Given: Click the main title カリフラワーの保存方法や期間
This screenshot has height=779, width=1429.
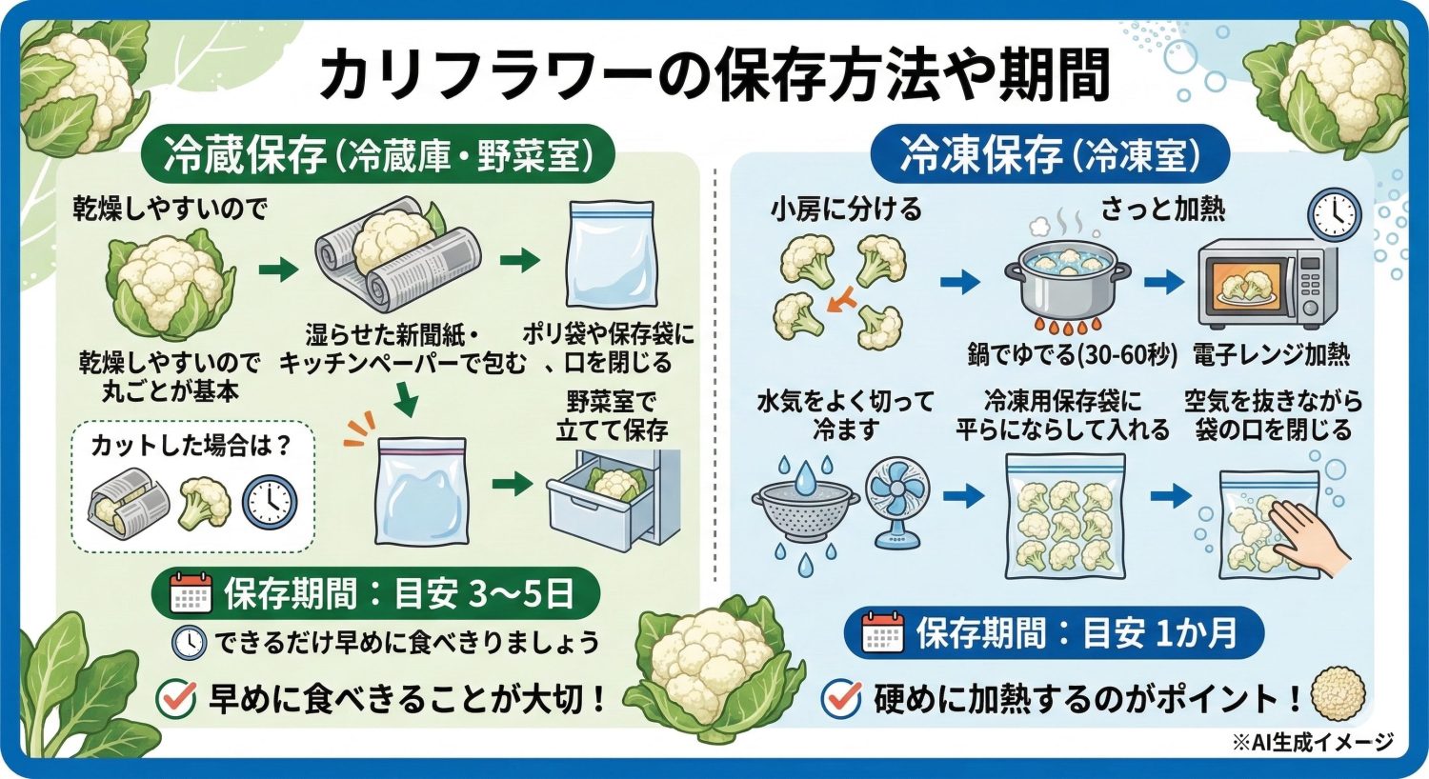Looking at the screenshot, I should [x=714, y=75].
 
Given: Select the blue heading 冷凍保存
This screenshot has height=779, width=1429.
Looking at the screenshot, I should [x=981, y=155].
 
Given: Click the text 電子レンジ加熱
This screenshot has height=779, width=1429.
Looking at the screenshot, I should [x=1271, y=355].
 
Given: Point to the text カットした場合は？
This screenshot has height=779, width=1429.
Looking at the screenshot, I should [x=191, y=446].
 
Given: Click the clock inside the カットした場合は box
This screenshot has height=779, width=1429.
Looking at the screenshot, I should [x=270, y=502].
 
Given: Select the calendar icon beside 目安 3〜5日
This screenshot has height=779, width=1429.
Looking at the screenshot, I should [x=190, y=593].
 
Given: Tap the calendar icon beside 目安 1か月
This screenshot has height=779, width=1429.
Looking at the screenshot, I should [x=882, y=633].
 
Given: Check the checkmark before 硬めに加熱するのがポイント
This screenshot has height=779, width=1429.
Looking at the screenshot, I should [x=841, y=698].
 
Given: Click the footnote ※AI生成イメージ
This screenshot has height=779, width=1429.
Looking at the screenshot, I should [x=1312, y=742].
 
